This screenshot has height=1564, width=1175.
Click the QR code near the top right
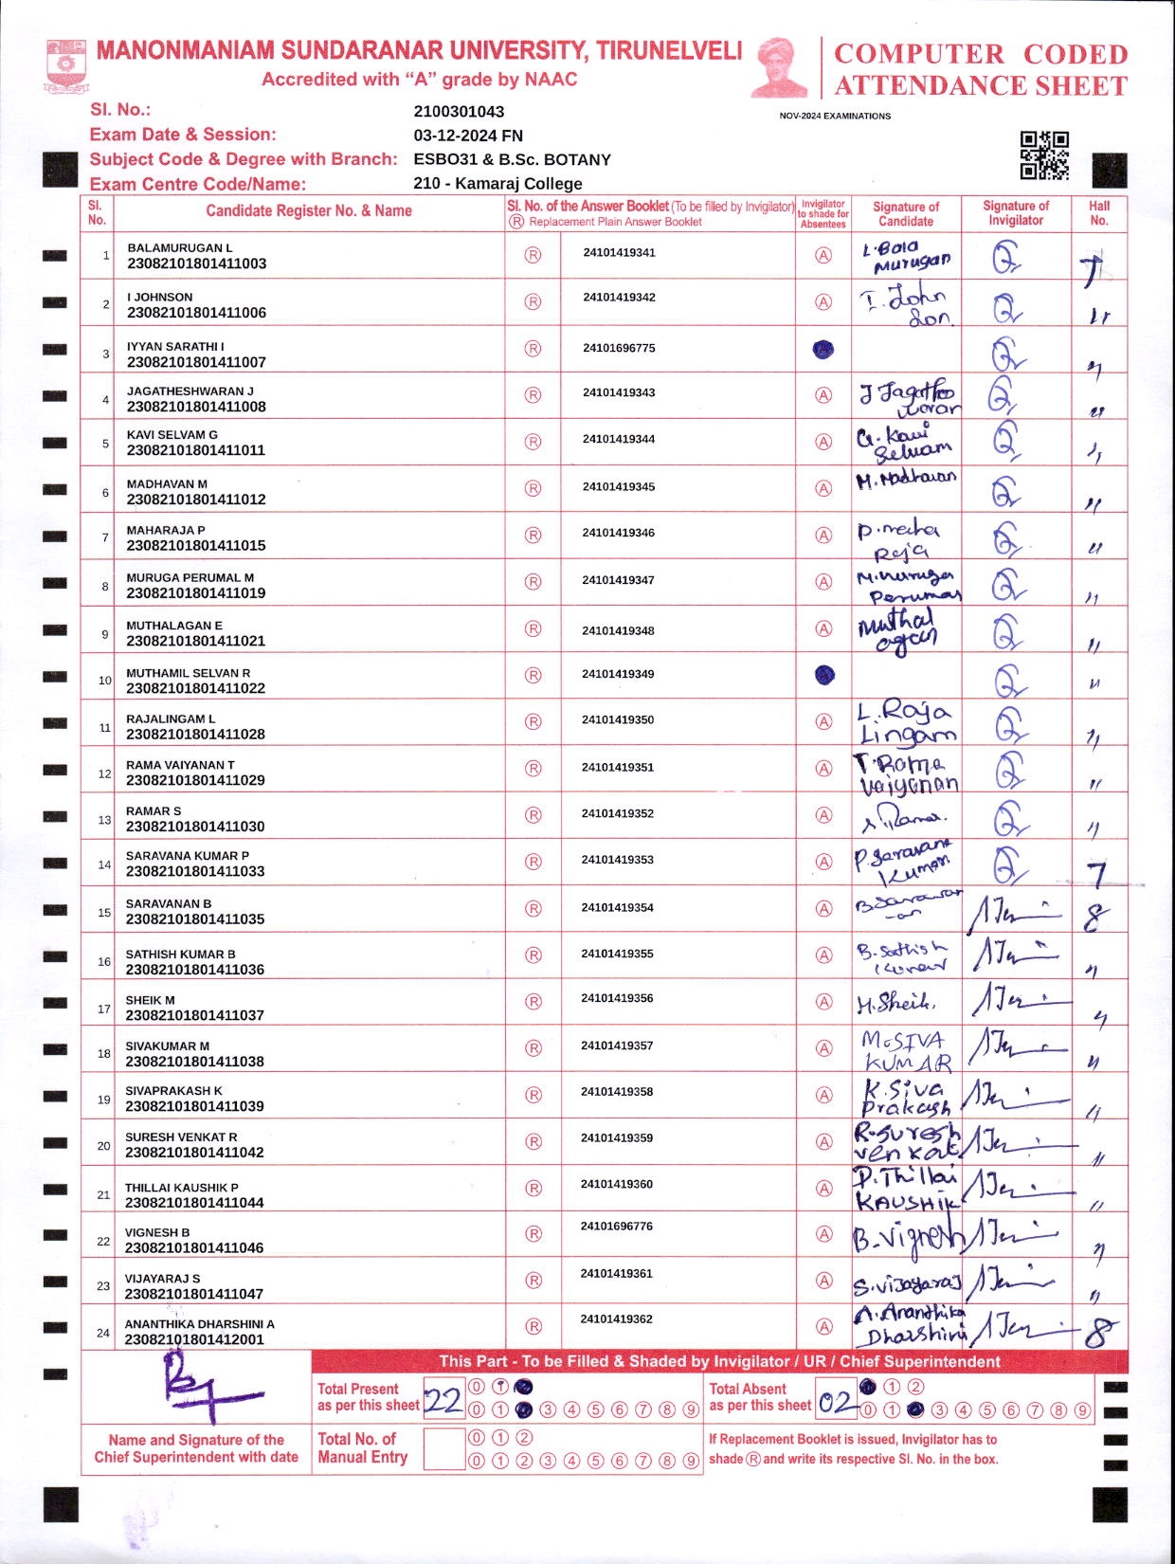(1044, 155)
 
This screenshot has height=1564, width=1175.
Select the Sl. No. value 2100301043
(459, 112)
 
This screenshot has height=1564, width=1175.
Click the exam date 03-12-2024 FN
(468, 136)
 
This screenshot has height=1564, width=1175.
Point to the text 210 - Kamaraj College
(497, 184)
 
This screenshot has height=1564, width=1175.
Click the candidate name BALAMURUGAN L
(180, 248)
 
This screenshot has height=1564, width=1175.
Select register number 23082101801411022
(196, 688)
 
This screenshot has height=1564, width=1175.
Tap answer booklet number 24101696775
(619, 348)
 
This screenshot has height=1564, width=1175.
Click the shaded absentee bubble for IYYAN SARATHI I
(823, 349)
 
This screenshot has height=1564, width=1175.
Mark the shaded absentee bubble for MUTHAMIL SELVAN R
(824, 675)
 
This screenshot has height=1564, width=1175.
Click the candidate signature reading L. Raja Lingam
(904, 723)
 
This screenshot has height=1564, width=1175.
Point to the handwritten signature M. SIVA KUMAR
(906, 1050)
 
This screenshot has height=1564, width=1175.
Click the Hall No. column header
(1098, 212)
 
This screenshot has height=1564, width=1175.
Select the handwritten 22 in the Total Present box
(443, 1399)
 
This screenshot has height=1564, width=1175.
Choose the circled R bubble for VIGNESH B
(533, 1234)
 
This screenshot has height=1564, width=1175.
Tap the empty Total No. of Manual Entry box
(443, 1449)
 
